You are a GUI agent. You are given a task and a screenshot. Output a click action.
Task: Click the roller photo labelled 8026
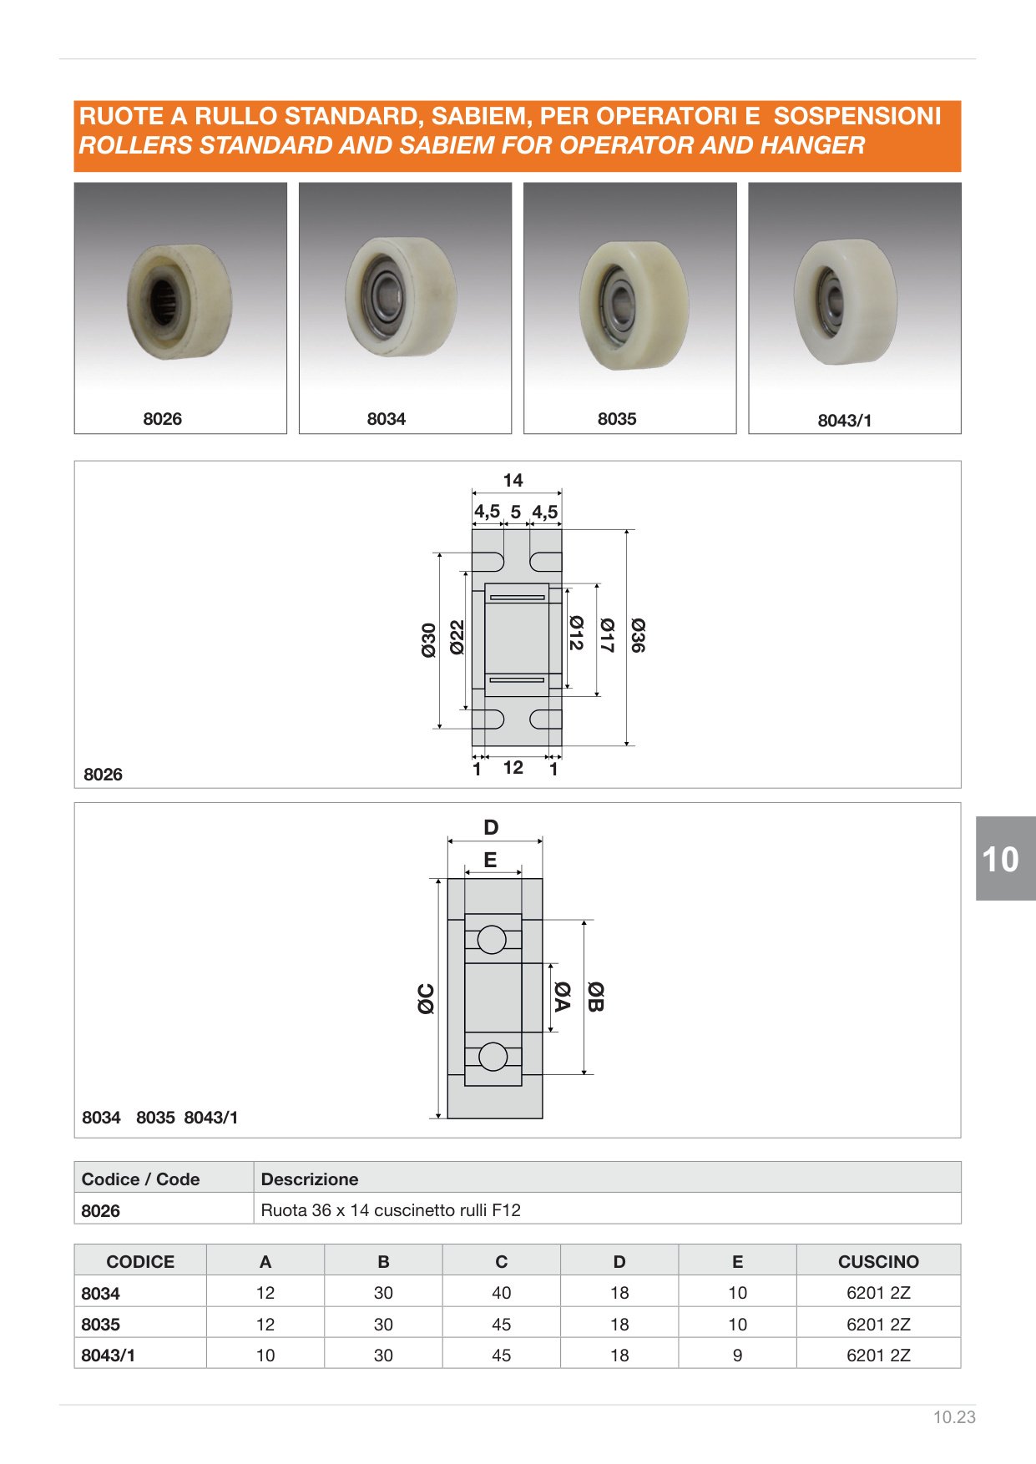(x=180, y=300)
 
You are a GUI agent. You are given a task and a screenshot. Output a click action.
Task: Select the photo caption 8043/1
(x=844, y=421)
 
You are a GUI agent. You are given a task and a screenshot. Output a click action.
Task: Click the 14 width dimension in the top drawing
(x=513, y=481)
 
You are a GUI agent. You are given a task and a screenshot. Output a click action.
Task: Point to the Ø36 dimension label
(x=639, y=635)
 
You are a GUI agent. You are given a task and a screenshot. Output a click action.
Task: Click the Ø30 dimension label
(x=429, y=640)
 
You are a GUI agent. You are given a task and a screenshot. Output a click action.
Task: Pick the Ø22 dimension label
(x=457, y=637)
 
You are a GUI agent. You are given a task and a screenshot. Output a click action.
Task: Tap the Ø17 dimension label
(x=607, y=635)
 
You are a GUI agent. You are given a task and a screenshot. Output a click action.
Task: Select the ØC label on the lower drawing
(x=426, y=999)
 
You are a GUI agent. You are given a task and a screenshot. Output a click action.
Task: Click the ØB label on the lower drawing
(x=595, y=997)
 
